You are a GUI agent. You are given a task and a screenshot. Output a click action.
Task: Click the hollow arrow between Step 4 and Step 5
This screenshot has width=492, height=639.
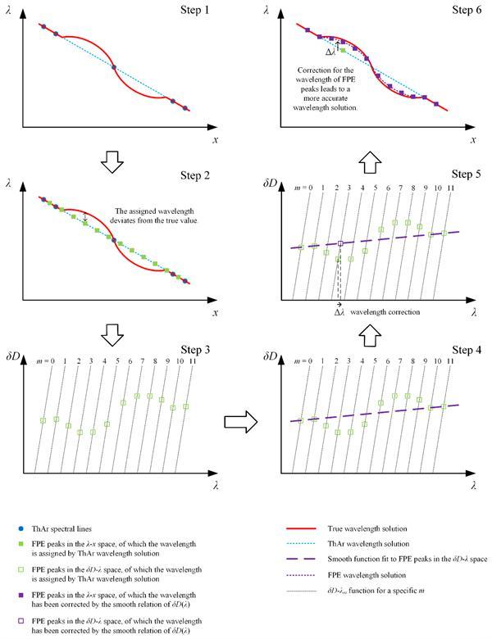[364, 331]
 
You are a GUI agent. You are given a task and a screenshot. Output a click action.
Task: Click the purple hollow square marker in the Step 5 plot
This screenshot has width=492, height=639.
[340, 243]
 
